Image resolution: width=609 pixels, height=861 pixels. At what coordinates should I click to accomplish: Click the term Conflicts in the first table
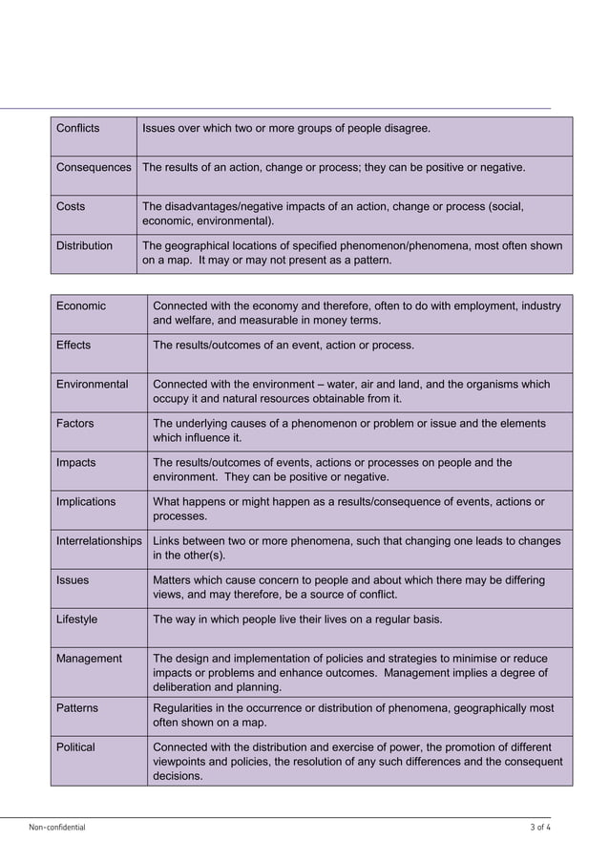(x=77, y=128)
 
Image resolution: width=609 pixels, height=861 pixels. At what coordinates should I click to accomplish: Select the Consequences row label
(x=94, y=167)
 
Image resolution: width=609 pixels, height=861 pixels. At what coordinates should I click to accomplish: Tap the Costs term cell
(x=71, y=206)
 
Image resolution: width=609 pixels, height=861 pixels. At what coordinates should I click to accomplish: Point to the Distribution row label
(x=84, y=245)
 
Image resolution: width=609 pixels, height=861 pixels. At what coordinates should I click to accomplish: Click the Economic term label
(x=81, y=305)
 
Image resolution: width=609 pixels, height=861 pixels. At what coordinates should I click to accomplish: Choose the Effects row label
(x=73, y=345)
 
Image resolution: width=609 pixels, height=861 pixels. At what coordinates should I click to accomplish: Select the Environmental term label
(x=92, y=384)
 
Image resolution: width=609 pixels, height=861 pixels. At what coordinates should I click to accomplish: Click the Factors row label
(x=75, y=423)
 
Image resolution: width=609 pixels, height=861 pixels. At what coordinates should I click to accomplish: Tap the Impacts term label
(x=76, y=462)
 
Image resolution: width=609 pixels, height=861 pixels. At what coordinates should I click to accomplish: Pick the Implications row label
(x=86, y=501)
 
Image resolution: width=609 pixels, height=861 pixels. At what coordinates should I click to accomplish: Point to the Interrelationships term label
(x=99, y=540)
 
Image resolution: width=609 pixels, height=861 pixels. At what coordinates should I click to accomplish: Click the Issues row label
(x=73, y=579)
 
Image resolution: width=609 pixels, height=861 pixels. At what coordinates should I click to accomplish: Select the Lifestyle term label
(x=77, y=619)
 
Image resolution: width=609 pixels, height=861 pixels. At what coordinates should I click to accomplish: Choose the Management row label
(x=89, y=658)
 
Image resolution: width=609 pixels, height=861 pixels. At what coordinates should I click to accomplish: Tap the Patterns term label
(x=77, y=708)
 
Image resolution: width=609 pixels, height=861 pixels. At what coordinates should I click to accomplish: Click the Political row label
(x=75, y=746)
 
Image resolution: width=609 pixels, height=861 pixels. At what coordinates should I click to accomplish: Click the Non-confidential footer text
(x=57, y=828)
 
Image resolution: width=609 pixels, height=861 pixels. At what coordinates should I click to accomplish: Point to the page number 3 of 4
(x=539, y=828)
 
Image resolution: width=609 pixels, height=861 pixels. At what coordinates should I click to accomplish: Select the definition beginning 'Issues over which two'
(x=286, y=128)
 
